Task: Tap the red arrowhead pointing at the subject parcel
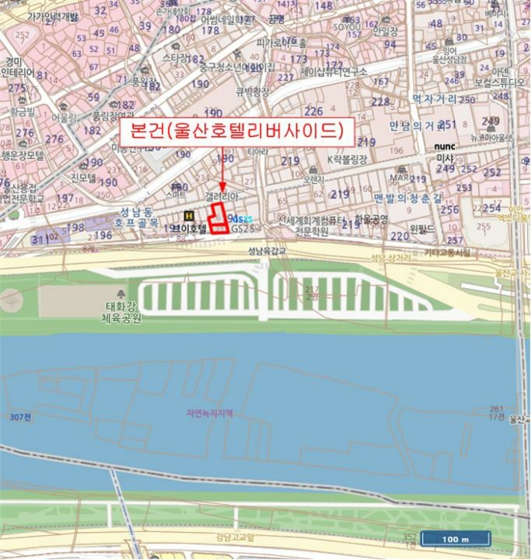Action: (221, 186)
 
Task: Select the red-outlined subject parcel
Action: (219, 218)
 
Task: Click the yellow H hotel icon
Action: (188, 215)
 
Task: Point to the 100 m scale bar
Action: (456, 538)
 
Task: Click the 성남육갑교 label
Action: (267, 250)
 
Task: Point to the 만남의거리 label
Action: (417, 126)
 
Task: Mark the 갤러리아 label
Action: (219, 195)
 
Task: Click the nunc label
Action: (445, 147)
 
